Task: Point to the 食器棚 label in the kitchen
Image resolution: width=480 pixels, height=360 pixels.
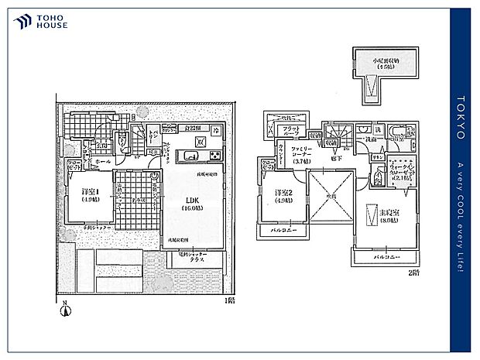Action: [193, 129]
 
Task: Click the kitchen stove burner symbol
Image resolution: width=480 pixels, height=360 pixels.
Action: [198, 142]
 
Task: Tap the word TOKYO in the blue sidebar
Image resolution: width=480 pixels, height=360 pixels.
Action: [460, 117]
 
